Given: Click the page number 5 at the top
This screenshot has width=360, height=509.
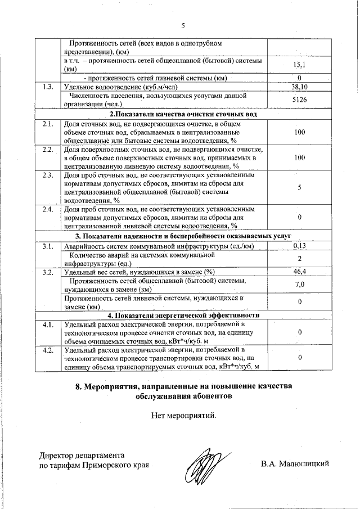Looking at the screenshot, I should pos(183,25).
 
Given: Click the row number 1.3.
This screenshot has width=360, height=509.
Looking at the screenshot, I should pos(48,87).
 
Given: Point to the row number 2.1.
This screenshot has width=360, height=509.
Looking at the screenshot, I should pos(48,123).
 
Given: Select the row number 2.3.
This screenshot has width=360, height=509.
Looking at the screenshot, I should pos(48,175).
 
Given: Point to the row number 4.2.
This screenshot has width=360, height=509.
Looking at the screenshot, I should pos(48,350).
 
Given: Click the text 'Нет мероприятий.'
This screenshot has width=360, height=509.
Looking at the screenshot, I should pos(183,416).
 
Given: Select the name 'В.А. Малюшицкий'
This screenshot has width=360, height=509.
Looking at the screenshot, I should pos(295,464).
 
